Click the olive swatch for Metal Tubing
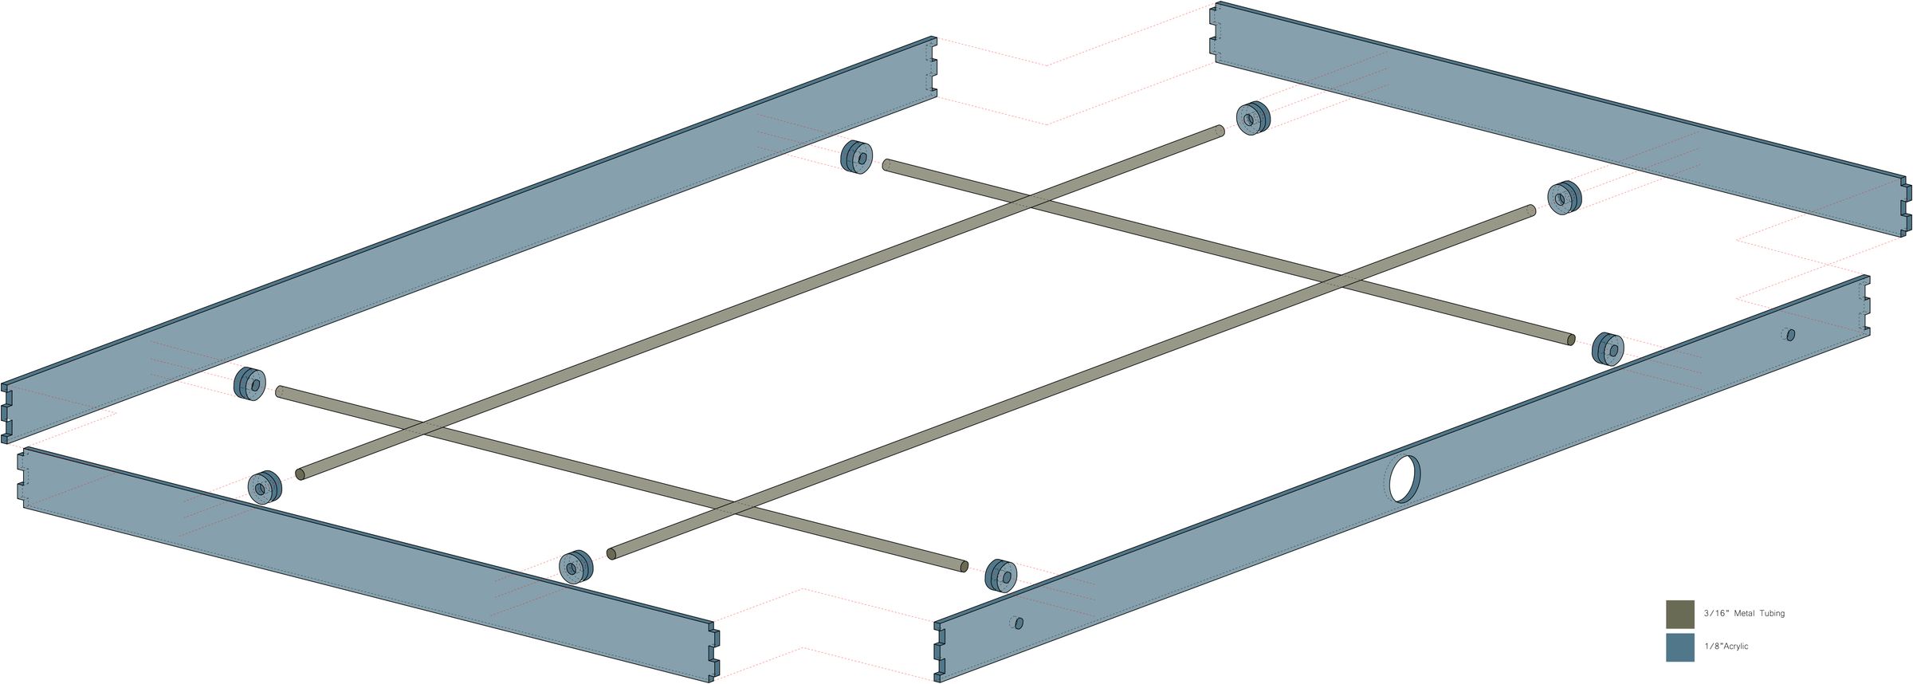(1679, 614)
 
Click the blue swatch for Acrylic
(1679, 647)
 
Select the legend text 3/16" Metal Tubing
(1744, 614)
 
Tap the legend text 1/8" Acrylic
(1726, 647)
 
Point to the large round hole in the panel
(1404, 479)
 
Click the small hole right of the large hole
(1791, 335)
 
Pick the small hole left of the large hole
(1019, 623)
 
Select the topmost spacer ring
(1253, 118)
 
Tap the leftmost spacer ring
(250, 384)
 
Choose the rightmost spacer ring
(1609, 349)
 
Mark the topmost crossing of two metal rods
(1030, 202)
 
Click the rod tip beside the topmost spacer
(1220, 130)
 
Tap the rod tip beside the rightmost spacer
(1570, 340)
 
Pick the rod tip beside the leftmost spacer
(280, 391)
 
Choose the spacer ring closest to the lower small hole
(1001, 575)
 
